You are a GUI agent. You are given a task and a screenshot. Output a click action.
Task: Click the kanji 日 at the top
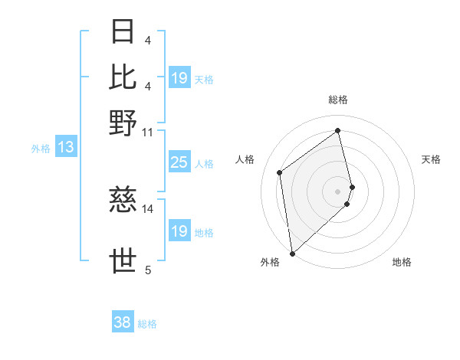(x=123, y=32)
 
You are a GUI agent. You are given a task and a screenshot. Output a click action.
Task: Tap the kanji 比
(x=123, y=77)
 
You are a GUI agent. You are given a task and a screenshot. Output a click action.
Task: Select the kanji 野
(x=123, y=123)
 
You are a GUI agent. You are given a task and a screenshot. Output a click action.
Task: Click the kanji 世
(x=123, y=261)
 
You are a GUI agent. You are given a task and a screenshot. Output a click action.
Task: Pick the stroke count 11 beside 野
(x=147, y=132)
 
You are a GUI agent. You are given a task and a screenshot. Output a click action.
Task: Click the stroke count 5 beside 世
(x=147, y=269)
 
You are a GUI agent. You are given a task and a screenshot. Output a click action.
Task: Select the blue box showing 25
(x=179, y=162)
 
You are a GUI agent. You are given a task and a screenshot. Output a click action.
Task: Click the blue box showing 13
(x=65, y=147)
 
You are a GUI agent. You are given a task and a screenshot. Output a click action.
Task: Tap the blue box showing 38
(x=123, y=322)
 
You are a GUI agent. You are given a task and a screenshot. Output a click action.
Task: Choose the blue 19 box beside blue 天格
(x=179, y=78)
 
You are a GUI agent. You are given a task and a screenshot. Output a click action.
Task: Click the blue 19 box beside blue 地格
(x=179, y=231)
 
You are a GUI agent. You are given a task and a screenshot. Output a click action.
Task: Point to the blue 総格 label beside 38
(x=147, y=324)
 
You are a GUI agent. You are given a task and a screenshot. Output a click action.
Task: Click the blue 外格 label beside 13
(x=41, y=149)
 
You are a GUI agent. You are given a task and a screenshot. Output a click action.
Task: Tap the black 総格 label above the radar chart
(x=338, y=100)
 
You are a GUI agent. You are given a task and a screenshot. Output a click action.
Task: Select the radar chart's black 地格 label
(x=402, y=262)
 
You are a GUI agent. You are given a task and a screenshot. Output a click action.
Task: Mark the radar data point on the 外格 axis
(x=292, y=254)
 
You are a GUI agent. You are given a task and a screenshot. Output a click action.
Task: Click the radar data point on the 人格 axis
(x=280, y=172)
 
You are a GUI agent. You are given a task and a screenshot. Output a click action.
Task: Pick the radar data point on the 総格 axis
(x=338, y=130)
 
